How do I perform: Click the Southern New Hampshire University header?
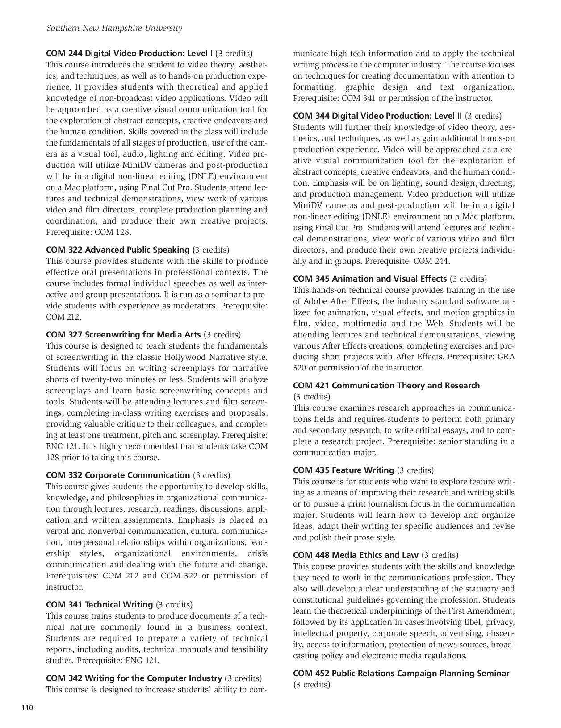[114, 28]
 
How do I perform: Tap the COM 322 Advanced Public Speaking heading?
[117, 250]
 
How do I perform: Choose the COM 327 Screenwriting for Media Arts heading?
[123, 334]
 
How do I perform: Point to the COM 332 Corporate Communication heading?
[118, 475]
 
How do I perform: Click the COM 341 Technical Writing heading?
[99, 604]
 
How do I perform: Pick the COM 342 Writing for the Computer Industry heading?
[134, 678]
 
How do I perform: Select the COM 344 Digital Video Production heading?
[377, 116]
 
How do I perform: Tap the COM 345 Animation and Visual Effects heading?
[369, 279]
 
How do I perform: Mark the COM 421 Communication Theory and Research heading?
[386, 385]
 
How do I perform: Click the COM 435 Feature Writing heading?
[343, 470]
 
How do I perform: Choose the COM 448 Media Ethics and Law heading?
[356, 555]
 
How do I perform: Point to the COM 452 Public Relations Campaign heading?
[401, 673]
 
